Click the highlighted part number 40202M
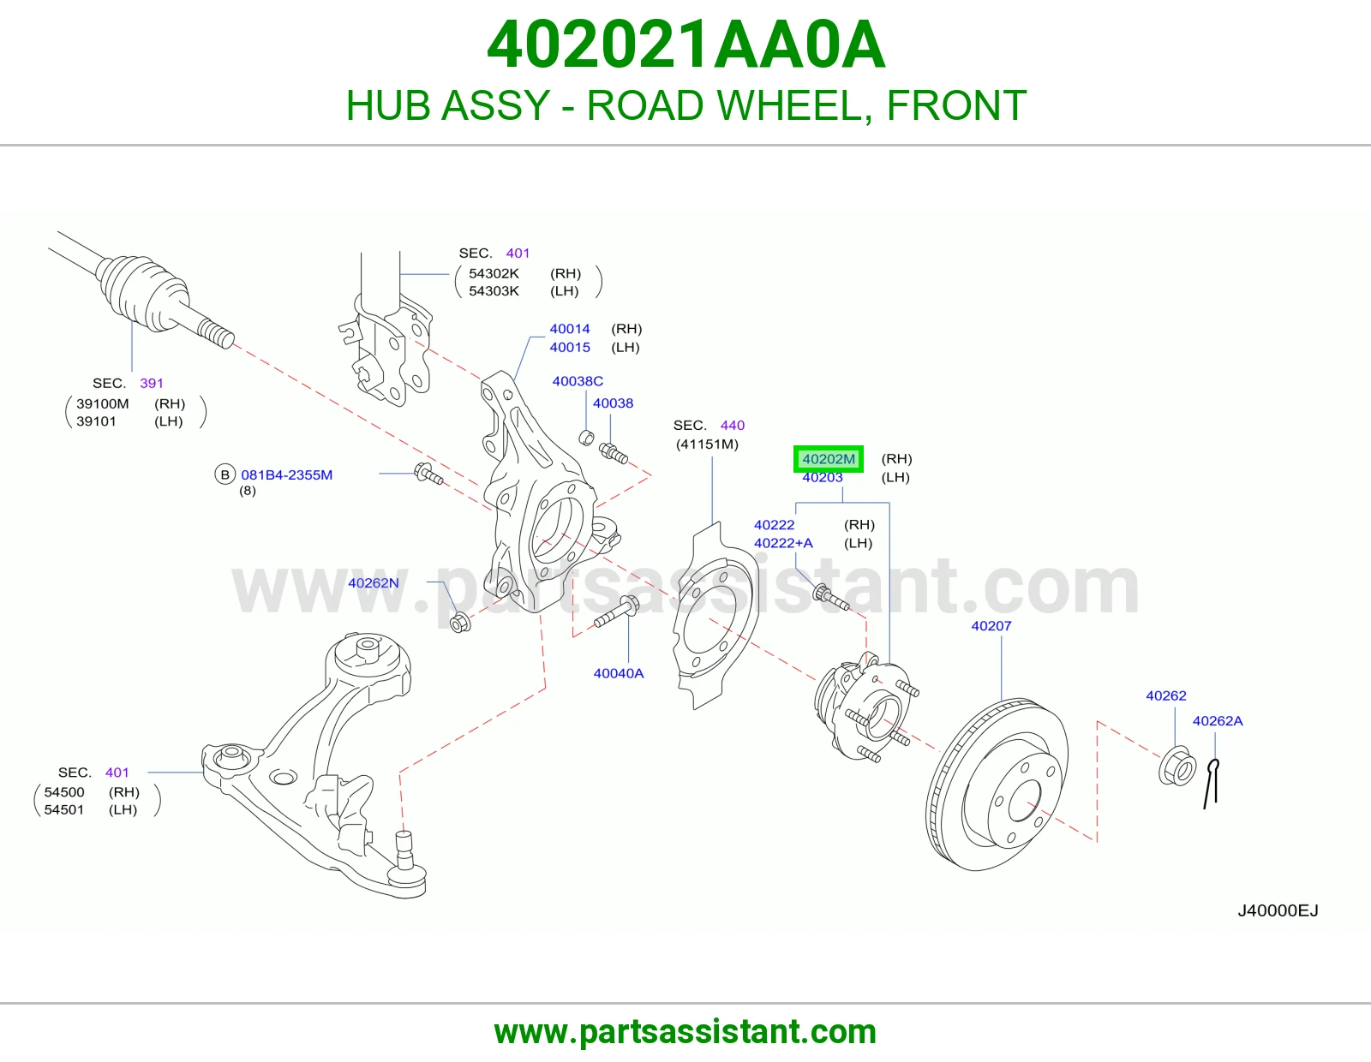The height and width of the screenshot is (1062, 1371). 829,458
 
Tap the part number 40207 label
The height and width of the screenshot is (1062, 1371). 991,625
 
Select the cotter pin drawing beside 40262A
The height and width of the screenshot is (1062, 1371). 1212,784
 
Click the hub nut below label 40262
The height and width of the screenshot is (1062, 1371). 1177,766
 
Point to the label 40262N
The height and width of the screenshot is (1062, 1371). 374,582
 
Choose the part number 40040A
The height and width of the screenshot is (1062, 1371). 619,673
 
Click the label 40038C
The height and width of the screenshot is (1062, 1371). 578,381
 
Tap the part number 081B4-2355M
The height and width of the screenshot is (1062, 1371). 286,474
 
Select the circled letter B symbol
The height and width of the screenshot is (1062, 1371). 225,474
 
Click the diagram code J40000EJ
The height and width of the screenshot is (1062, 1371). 1278,910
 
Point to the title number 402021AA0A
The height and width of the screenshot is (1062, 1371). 685,45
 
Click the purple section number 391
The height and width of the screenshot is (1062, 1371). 152,383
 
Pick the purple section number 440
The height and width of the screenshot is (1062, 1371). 733,425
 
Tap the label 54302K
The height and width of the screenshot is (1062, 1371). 494,273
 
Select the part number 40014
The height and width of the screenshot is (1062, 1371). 570,329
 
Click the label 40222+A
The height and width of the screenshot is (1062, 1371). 783,543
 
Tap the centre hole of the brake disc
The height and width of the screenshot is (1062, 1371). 1026,801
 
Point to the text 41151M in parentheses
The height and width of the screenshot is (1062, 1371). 707,444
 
